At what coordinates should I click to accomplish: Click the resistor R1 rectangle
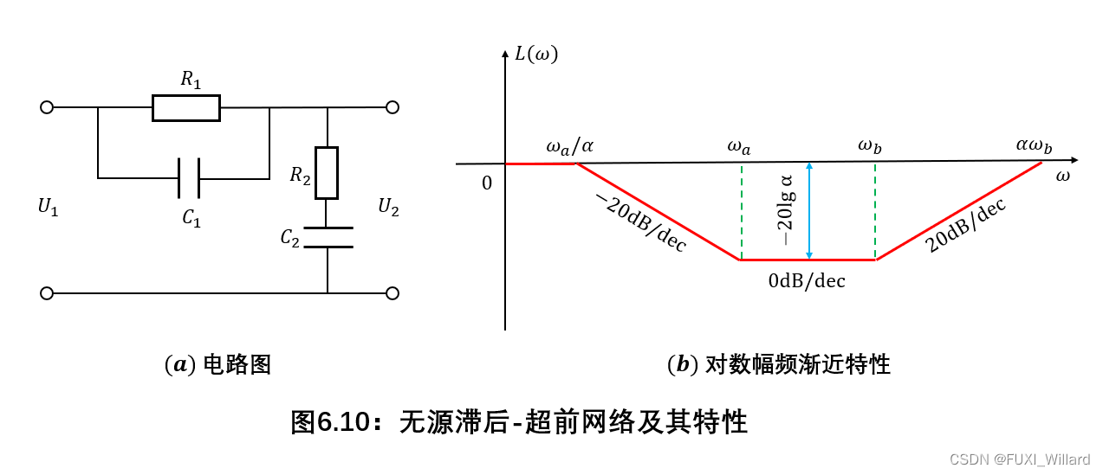point(185,107)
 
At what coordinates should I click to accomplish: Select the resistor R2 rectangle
point(327,173)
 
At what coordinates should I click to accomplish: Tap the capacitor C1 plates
point(189,178)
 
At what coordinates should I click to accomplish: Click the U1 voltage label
point(49,207)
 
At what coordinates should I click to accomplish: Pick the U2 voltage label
point(388,207)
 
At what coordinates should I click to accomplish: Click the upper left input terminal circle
point(47,107)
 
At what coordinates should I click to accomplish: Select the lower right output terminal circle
point(393,293)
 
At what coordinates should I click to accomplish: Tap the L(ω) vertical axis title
point(536,55)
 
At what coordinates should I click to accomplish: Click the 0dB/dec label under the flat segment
point(806,280)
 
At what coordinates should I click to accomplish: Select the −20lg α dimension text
point(788,210)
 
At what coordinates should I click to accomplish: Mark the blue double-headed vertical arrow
point(808,210)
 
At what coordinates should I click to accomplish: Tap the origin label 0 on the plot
point(486,183)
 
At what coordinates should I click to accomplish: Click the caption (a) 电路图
point(217,365)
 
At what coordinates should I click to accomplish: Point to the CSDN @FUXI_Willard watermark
point(1019,459)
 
